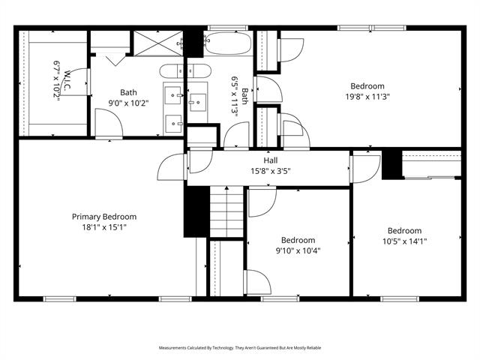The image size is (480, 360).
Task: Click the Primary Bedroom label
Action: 104,217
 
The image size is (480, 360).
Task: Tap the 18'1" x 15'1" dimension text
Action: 104,227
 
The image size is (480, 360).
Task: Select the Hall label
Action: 271,160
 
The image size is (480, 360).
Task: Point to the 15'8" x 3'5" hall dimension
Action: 271,171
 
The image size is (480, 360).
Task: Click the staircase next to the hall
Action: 226,211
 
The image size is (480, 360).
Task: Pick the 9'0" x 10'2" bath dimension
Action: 128,103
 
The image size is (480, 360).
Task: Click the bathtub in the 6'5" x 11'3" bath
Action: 228,43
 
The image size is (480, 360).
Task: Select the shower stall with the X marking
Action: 158,43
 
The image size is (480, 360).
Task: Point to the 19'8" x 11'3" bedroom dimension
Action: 367,97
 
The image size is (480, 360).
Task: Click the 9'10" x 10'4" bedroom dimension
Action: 298,251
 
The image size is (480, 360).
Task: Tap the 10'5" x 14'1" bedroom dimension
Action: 405,241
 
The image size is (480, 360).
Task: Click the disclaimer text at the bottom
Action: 240,348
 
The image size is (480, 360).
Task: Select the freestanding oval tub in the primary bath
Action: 185,71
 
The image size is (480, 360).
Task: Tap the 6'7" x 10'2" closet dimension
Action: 57,80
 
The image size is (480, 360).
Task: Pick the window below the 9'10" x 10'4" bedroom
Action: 280,298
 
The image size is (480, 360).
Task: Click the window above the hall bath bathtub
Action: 228,28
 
